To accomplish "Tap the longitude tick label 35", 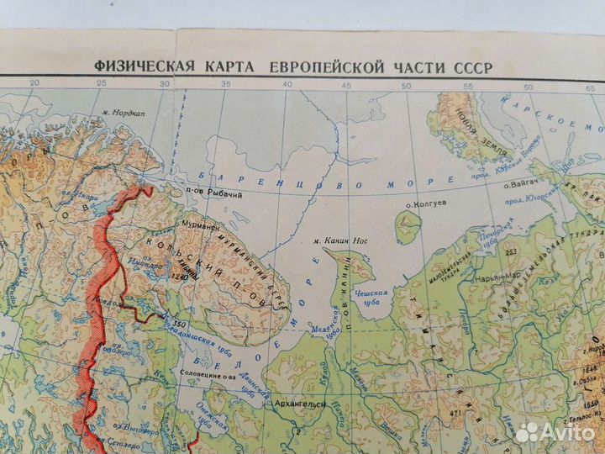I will (x=225, y=84).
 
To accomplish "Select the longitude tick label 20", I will (x=34, y=82).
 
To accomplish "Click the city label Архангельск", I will (x=300, y=404).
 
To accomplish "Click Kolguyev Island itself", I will (x=408, y=224).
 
